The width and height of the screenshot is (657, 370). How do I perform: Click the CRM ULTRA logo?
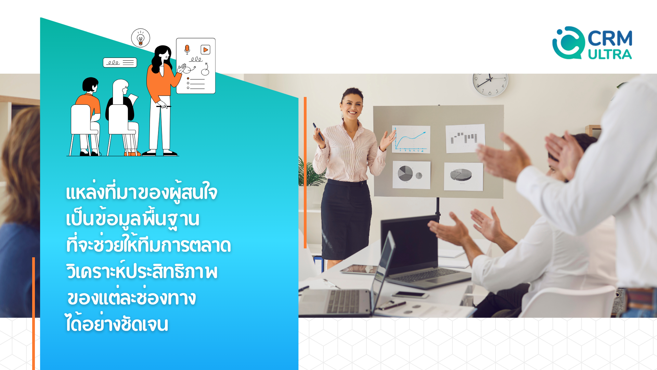(592, 43)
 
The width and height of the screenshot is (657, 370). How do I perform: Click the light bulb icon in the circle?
(141, 38)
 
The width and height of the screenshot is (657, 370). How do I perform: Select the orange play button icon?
(205, 50)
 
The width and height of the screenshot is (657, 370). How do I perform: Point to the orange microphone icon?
(187, 49)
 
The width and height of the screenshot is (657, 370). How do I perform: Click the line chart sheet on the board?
(411, 139)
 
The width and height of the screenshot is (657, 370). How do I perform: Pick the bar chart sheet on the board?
(465, 138)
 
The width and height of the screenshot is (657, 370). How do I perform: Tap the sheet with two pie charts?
(411, 175)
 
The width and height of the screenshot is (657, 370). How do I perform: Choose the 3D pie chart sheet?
(463, 177)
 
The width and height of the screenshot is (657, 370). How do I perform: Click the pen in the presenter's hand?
(318, 132)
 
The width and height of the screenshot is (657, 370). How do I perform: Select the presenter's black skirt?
(346, 219)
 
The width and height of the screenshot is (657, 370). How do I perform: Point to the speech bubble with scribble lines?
(120, 62)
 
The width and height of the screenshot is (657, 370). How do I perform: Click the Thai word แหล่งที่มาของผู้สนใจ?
(142, 192)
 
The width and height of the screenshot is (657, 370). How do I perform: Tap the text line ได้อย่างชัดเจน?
(117, 323)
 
